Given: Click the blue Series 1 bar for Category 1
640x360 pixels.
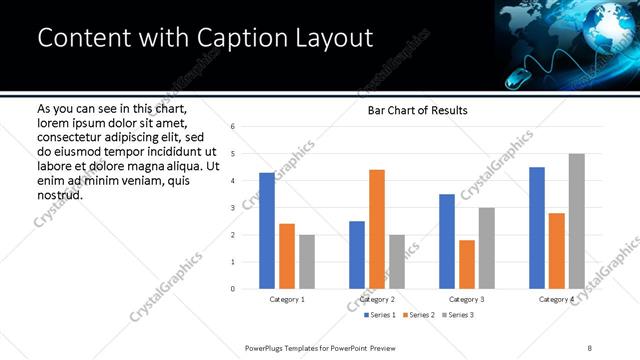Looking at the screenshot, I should (x=267, y=231).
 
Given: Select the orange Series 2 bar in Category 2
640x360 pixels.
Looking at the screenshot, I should (x=377, y=229).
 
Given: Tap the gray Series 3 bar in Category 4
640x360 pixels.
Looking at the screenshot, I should (x=577, y=221).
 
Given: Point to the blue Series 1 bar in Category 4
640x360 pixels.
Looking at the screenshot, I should (x=537, y=228).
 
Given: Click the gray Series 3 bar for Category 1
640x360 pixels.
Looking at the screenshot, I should (x=307, y=262).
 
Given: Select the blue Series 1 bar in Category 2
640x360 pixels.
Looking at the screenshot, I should (x=357, y=255).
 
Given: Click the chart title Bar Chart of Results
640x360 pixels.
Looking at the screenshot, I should (x=411, y=110).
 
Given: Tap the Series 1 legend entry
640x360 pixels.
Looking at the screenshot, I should (x=379, y=315).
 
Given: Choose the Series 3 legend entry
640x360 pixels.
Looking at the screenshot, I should (x=457, y=315).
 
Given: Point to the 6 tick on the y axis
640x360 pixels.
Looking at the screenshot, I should (x=232, y=127).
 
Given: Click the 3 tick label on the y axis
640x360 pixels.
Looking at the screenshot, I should (x=232, y=208).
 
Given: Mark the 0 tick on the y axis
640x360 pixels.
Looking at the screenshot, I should (x=232, y=289).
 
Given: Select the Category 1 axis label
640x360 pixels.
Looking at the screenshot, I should (x=287, y=299).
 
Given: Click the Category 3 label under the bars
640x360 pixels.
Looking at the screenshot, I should (x=467, y=299).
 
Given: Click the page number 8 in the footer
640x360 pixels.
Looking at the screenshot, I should (x=590, y=347).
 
